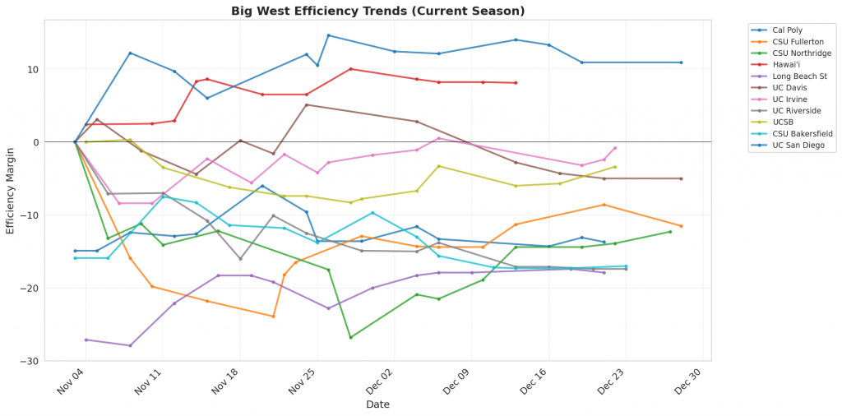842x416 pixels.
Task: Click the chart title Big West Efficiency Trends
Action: point(378,11)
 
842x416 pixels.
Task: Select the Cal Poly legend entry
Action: point(789,30)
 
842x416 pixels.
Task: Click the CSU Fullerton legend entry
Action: point(798,41)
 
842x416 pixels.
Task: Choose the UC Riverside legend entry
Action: point(796,110)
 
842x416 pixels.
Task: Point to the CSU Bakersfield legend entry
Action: point(802,133)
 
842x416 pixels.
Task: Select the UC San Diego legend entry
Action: point(797,145)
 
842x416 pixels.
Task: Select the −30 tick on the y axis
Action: point(55,361)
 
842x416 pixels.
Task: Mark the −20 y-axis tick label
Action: point(55,288)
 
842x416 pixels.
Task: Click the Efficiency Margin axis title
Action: point(11,191)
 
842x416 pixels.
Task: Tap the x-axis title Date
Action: point(378,404)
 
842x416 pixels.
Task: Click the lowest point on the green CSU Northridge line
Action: point(351,337)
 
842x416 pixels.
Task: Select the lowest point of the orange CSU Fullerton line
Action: point(273,317)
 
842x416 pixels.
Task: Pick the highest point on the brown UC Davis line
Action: point(307,104)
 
